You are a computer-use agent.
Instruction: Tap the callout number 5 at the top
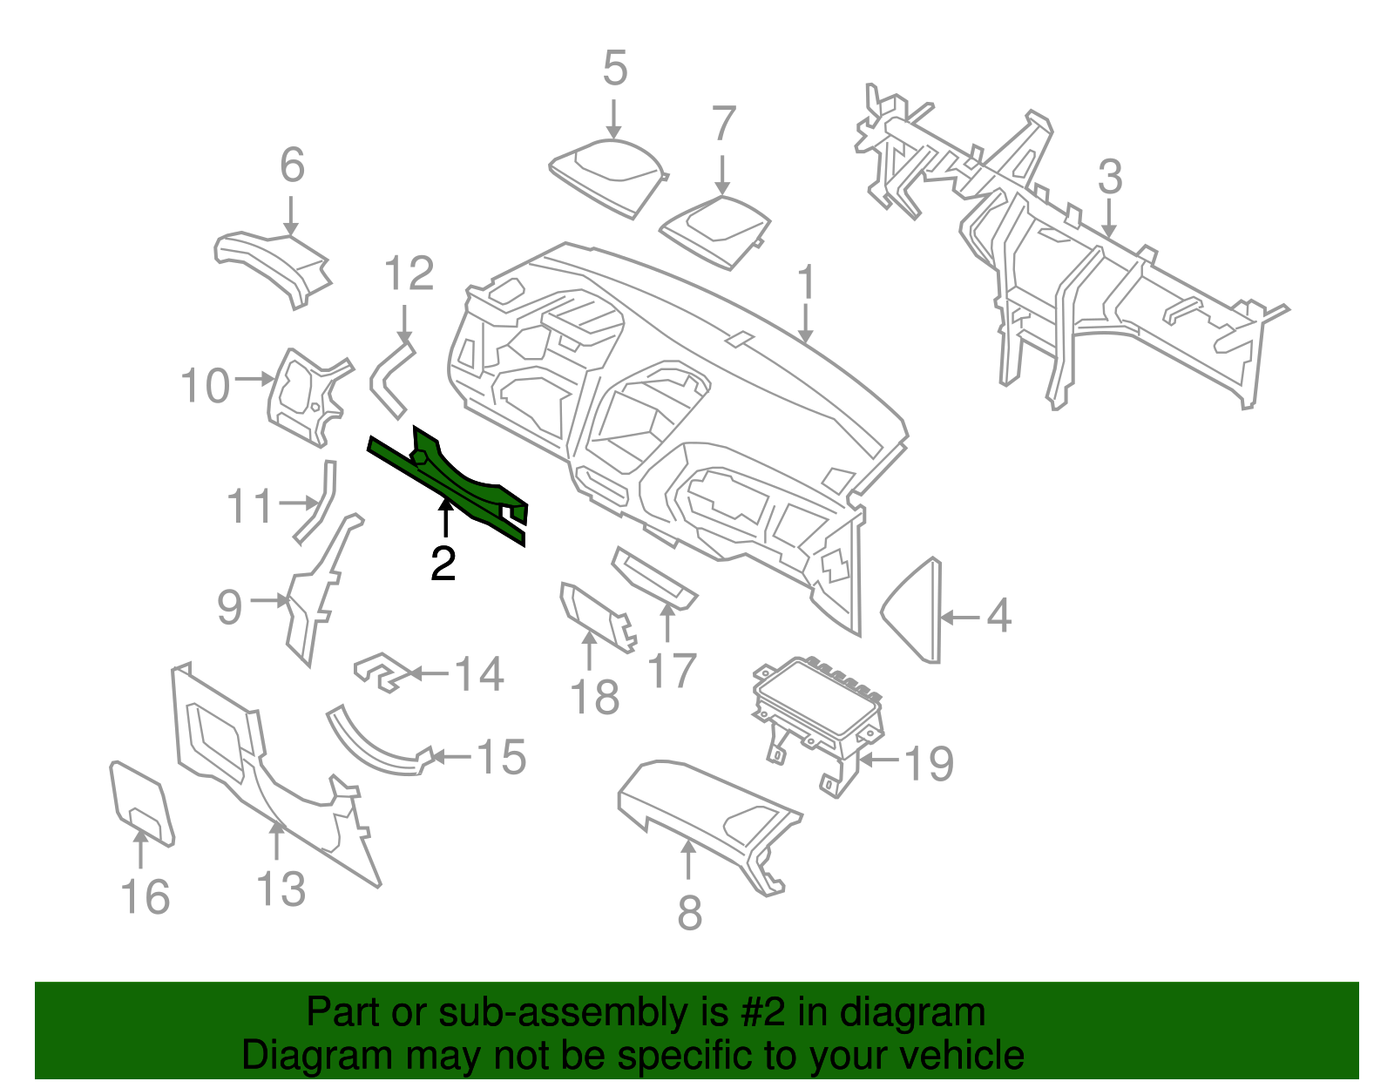(614, 69)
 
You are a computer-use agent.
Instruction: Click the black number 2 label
(443, 564)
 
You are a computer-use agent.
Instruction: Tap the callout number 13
(281, 889)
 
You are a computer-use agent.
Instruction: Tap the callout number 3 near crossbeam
(1109, 178)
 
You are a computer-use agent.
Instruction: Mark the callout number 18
(595, 698)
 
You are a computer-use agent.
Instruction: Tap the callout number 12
(409, 274)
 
